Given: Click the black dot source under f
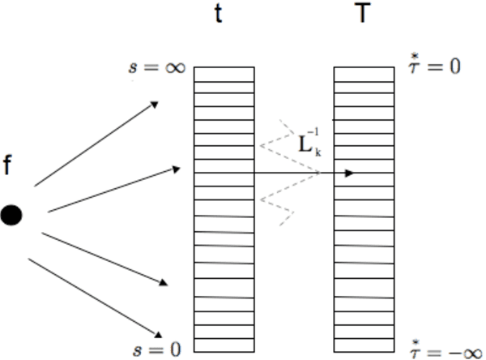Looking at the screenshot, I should point(12,216).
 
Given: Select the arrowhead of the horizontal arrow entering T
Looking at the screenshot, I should point(350,173).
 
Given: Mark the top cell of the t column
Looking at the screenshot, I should point(224,72).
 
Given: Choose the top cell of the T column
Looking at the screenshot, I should point(364,72).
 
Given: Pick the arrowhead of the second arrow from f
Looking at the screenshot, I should point(177,169).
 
